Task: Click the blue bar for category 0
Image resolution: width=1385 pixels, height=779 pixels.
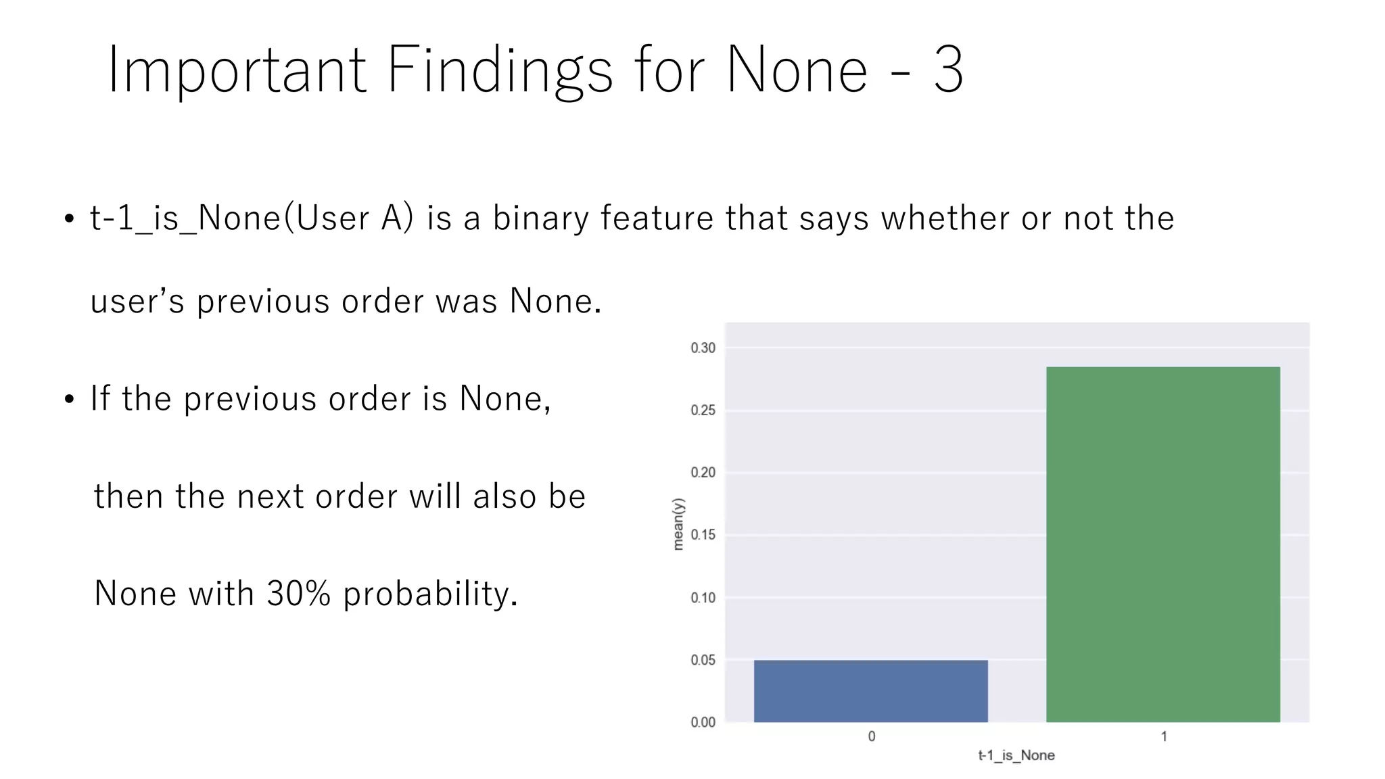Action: tap(870, 690)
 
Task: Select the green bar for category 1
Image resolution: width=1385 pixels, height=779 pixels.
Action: tap(1163, 544)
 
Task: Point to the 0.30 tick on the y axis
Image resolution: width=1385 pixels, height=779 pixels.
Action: tap(703, 348)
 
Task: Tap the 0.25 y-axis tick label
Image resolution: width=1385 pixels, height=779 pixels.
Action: tap(703, 410)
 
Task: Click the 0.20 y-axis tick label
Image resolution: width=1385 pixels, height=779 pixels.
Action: tap(703, 473)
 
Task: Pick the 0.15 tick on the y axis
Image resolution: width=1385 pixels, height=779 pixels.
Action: tap(703, 535)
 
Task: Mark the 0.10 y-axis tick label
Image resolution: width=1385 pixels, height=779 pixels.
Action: tap(703, 598)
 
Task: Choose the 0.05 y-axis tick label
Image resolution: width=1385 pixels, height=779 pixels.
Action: tap(703, 660)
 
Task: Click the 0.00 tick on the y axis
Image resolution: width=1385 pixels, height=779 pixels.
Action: tap(703, 722)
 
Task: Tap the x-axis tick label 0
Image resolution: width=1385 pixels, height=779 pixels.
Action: tap(872, 736)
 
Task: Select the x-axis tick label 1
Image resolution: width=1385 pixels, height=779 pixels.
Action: tap(1164, 736)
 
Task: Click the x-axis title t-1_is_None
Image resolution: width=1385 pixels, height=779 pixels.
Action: tap(1016, 755)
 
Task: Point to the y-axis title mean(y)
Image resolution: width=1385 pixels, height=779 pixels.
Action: tap(678, 524)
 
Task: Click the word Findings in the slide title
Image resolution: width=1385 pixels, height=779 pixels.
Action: tap(500, 70)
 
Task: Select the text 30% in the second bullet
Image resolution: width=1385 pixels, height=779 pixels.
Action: tap(298, 593)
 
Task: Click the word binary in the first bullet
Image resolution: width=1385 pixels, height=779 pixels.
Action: tap(540, 218)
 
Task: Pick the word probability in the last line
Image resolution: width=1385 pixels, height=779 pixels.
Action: tap(430, 594)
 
